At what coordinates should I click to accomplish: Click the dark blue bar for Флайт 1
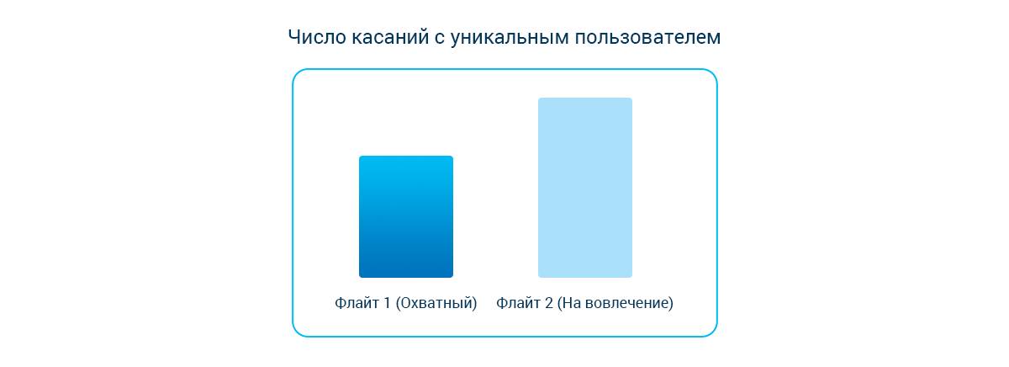tap(406, 216)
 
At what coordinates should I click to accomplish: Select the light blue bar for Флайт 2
tap(585, 188)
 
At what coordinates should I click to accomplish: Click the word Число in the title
tap(317, 37)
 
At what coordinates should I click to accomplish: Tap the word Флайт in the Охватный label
tap(357, 302)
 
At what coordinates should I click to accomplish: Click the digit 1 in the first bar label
tap(387, 302)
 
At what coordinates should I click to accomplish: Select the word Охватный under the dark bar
tap(436, 303)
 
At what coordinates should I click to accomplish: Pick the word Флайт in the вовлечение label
tap(518, 302)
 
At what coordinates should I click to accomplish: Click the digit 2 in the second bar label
tap(548, 302)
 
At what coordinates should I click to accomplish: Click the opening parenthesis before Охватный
tap(399, 303)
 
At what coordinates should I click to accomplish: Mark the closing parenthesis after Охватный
tap(474, 303)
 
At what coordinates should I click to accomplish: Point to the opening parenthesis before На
tap(560, 303)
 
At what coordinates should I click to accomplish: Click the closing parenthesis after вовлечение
tap(671, 303)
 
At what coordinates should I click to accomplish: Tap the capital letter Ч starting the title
tap(293, 37)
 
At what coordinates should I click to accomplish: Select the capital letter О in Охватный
tap(407, 302)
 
